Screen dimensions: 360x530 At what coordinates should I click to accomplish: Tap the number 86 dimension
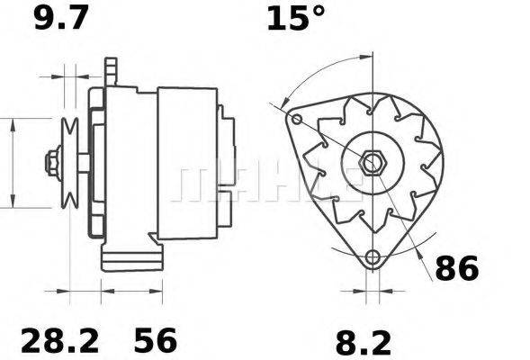457,267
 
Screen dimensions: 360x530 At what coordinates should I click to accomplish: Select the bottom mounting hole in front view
371,257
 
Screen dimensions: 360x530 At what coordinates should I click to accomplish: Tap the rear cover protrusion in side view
228,162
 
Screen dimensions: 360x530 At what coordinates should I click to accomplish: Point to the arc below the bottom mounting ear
371,274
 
